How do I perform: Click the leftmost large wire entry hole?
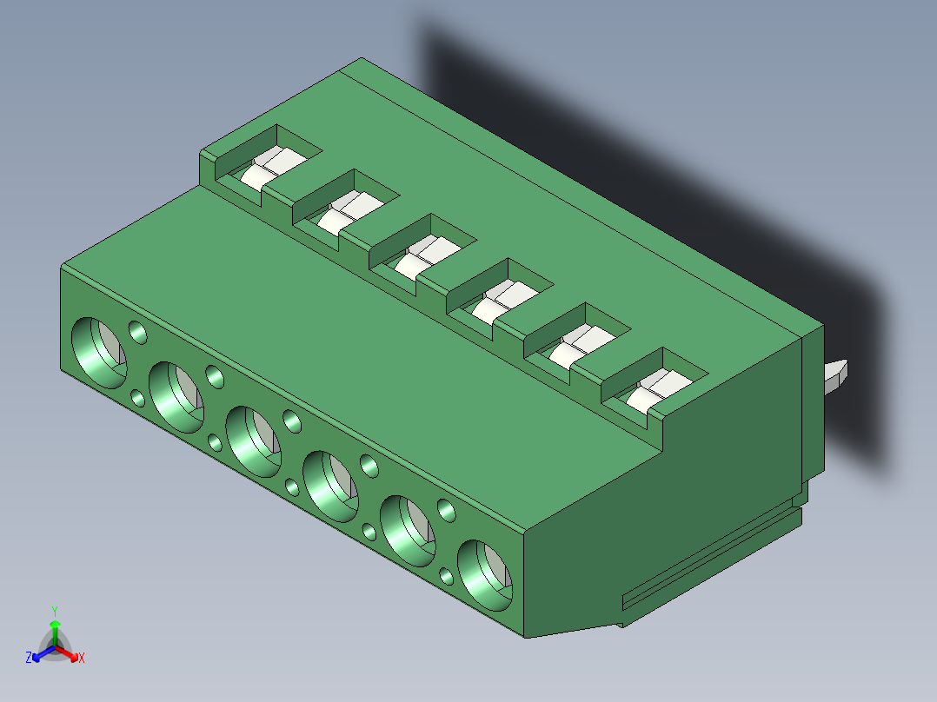[99, 353]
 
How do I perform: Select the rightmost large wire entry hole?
[485, 575]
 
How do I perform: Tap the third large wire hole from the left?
[254, 442]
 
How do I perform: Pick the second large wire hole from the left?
[176, 397]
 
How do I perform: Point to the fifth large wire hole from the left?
[409, 531]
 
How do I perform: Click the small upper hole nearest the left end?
[138, 332]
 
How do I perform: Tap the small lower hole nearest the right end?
[447, 576]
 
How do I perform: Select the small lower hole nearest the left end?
[138, 398]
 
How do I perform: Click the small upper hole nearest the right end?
[447, 511]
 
